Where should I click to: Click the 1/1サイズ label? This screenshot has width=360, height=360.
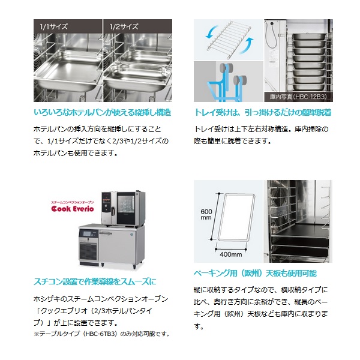(x=54, y=27)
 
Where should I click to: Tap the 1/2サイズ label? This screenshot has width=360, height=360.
(x=124, y=27)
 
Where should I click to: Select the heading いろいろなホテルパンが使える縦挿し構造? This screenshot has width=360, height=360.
(x=103, y=113)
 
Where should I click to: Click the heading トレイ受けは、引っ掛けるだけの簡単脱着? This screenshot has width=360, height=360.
(x=263, y=113)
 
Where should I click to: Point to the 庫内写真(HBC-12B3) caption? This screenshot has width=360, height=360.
(x=298, y=97)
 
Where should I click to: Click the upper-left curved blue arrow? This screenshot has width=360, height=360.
(x=212, y=32)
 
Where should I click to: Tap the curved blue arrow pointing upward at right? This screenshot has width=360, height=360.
(x=247, y=46)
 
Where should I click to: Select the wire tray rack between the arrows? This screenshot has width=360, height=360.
(x=229, y=38)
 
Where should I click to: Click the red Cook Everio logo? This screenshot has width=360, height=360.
(x=73, y=208)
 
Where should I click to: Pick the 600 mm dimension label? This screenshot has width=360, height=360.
(x=206, y=214)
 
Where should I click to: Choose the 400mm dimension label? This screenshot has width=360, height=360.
(x=231, y=254)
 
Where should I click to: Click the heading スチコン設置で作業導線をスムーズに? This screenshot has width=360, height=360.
(x=95, y=281)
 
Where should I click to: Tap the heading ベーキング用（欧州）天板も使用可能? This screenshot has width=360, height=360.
(x=255, y=273)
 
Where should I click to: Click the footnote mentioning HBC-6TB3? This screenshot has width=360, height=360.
(x=102, y=334)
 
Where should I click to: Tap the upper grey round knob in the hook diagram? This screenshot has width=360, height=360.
(x=226, y=68)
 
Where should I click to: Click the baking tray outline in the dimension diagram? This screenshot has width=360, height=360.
(x=236, y=217)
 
